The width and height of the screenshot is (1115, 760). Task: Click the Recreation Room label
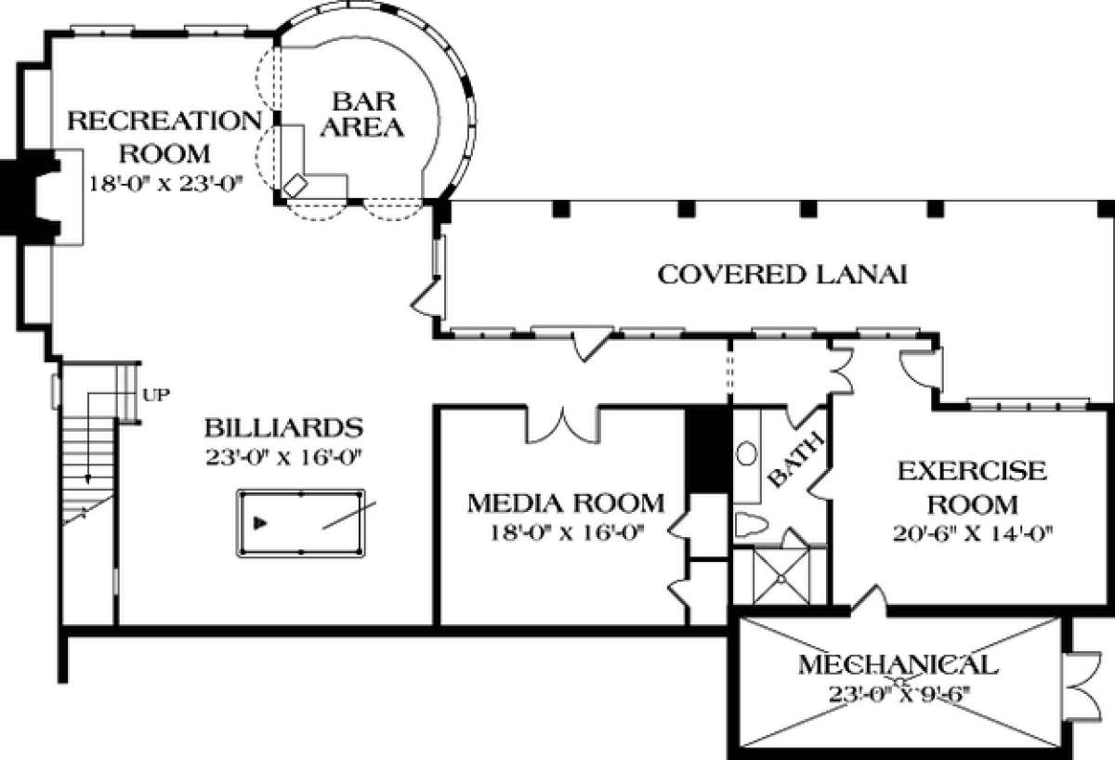tap(164, 138)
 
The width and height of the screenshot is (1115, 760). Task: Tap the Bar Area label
tap(362, 114)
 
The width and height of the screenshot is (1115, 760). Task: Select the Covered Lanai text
tap(782, 275)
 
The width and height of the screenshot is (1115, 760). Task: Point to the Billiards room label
tap(283, 427)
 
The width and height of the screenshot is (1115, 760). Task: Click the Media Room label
tap(566, 504)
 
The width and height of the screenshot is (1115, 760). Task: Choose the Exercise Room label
tap(972, 488)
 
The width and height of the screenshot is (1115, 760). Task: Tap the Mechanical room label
tap(899, 665)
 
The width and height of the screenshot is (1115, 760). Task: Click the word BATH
tap(795, 461)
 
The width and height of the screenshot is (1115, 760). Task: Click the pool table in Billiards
tap(301, 523)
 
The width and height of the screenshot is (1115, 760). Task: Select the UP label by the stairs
tap(156, 395)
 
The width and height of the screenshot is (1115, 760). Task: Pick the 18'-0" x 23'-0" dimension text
tap(165, 184)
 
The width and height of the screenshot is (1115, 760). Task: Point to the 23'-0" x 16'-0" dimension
tap(282, 458)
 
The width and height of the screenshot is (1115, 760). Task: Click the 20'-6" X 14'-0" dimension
tap(973, 534)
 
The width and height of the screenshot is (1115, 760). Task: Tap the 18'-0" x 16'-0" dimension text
tap(568, 533)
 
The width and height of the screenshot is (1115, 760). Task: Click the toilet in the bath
tap(751, 525)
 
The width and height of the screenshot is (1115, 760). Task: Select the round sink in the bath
tap(746, 453)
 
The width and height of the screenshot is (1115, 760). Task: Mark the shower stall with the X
tap(781, 577)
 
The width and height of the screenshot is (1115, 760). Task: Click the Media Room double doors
tap(563, 426)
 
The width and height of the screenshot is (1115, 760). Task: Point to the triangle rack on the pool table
tap(260, 523)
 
